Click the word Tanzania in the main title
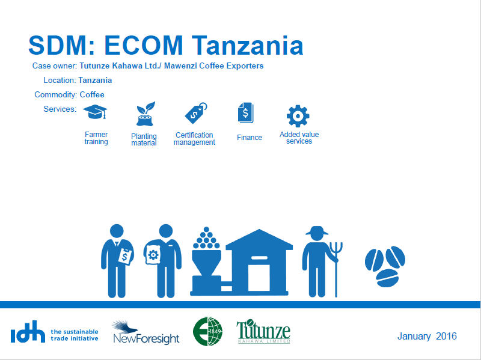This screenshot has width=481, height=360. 248,46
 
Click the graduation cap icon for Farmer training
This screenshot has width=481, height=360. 95,112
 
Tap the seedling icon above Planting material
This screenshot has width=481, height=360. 146,114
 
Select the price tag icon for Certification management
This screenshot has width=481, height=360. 196,113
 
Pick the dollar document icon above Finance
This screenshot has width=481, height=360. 245,113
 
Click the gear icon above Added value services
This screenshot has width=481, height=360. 298,116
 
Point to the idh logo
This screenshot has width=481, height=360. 28,332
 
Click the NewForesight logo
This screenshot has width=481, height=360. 146,332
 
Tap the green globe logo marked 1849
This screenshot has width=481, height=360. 207,332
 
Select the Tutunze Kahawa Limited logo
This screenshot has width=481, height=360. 263,332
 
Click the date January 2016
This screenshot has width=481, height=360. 427,336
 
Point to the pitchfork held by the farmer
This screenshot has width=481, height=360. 336,269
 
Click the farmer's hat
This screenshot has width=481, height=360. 317,231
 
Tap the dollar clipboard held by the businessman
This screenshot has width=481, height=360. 125,257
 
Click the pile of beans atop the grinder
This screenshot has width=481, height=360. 206,238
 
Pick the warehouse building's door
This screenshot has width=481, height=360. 259,278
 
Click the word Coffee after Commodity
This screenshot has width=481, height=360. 92,94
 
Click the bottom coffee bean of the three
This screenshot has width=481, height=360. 387,278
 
